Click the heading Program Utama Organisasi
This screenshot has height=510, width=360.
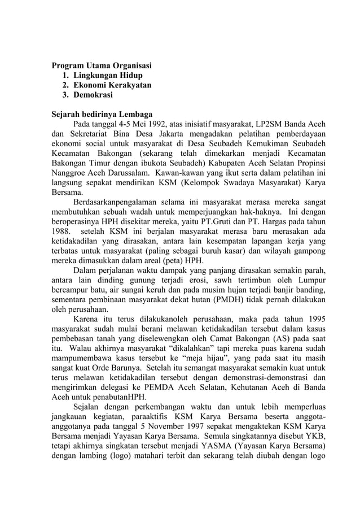pos(102,65)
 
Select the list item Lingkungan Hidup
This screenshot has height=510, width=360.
pos(108,75)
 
